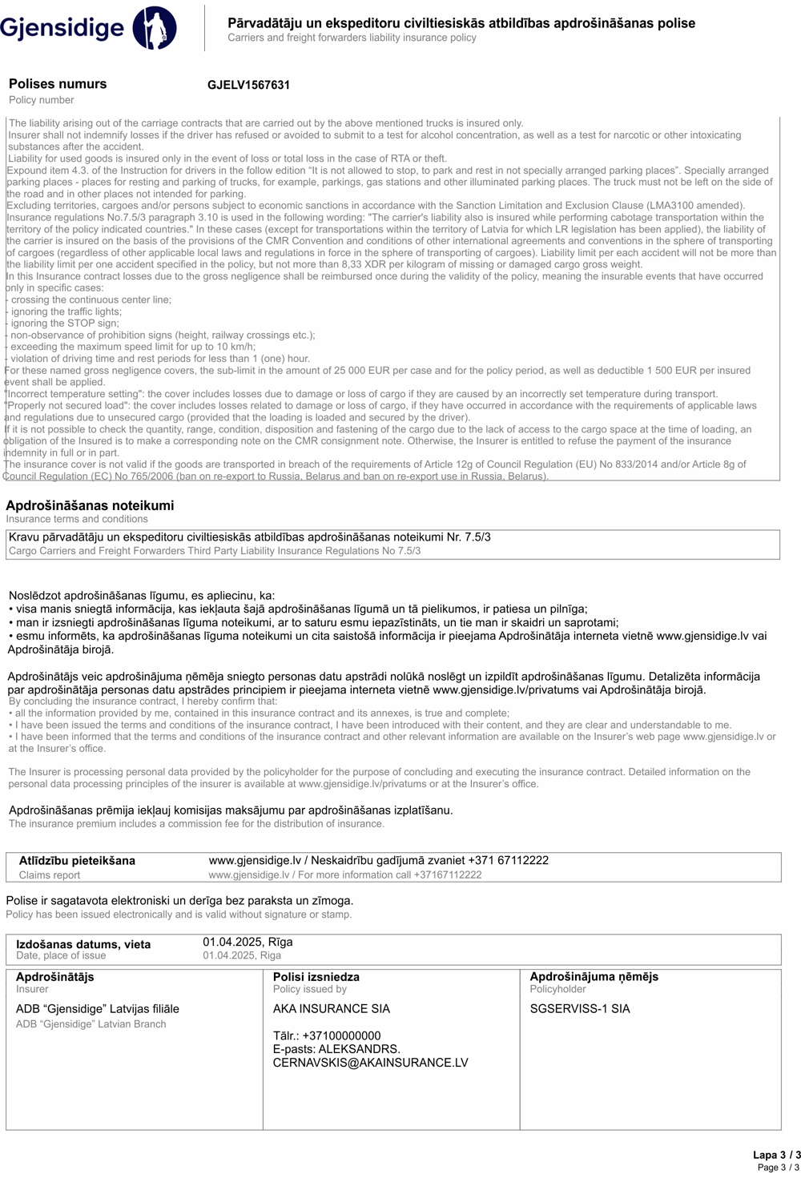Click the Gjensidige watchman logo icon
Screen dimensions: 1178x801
[x=155, y=28]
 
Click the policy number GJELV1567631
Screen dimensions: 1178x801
[x=248, y=85]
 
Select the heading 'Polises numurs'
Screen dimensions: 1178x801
[x=58, y=84]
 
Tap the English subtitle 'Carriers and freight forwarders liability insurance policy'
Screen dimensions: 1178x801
[x=352, y=38]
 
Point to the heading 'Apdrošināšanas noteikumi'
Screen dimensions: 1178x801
[x=90, y=505]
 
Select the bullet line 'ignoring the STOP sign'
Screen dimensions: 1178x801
[x=64, y=324]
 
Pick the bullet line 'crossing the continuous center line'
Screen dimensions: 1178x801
[x=91, y=300]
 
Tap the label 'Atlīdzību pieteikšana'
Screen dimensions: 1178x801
[x=77, y=861]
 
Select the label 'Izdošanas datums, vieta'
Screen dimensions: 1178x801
[x=83, y=944]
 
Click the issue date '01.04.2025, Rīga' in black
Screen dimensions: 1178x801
[x=248, y=942]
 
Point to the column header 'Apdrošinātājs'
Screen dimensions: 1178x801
[x=55, y=977]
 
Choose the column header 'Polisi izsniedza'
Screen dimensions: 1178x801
[x=316, y=977]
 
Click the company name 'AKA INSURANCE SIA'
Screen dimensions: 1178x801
[x=332, y=1009]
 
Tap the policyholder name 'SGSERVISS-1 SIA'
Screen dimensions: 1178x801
[x=580, y=1009]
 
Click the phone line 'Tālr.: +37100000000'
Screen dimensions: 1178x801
[x=327, y=1035]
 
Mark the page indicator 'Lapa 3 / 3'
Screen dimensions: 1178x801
[x=776, y=1155]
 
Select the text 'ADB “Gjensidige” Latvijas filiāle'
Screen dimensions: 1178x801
[x=98, y=1009]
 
